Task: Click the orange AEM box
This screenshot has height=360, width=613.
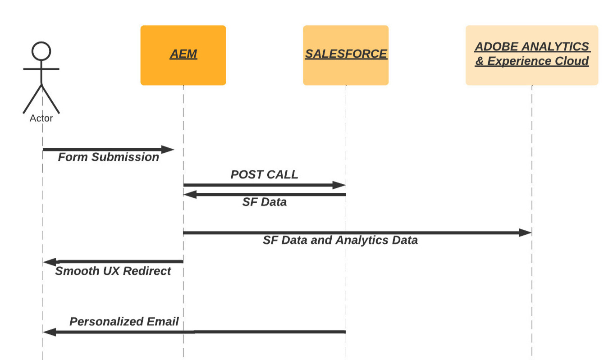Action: [x=183, y=55]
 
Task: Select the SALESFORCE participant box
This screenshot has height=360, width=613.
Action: [x=346, y=55]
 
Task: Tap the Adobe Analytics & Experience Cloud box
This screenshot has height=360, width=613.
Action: [x=532, y=55]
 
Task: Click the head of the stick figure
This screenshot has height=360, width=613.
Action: [x=41, y=51]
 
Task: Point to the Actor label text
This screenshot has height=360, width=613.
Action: [x=41, y=118]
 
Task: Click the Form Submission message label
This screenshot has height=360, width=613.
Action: [x=108, y=157]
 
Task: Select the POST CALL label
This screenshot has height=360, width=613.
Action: [x=264, y=175]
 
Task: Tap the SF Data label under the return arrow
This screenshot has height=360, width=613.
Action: [x=264, y=202]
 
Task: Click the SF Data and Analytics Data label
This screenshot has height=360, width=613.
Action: [x=340, y=240]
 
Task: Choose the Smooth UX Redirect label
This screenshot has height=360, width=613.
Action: [x=113, y=271]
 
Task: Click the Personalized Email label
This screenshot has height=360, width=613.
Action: [x=124, y=322]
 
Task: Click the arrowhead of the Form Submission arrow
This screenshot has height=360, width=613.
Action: [x=168, y=149]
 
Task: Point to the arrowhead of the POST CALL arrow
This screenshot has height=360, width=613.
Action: [x=339, y=185]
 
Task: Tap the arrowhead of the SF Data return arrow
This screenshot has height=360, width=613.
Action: [x=190, y=194]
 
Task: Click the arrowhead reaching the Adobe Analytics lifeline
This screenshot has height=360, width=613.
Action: [x=525, y=232]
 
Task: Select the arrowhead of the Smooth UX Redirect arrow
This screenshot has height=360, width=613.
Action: [x=50, y=262]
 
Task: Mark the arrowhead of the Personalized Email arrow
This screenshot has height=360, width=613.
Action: [x=50, y=332]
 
